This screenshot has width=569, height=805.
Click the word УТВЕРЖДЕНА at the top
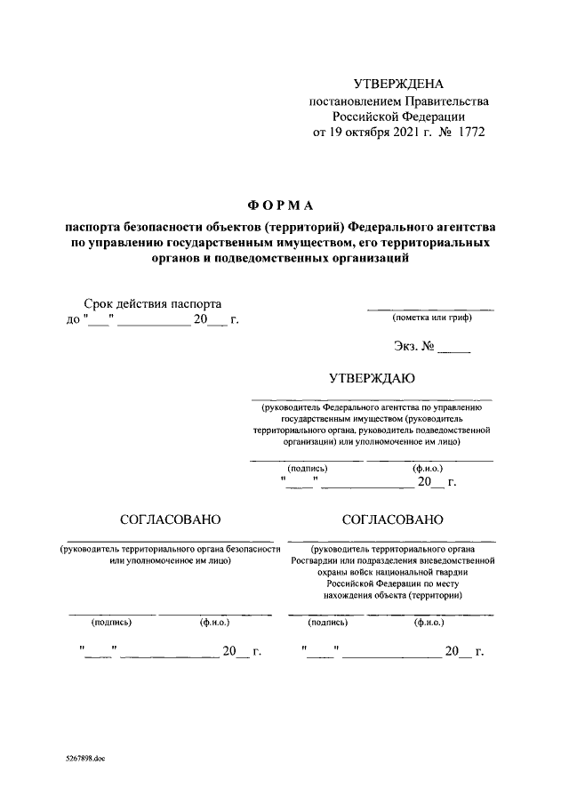(397, 85)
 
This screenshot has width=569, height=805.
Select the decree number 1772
(472, 133)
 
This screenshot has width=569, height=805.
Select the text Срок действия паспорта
(152, 303)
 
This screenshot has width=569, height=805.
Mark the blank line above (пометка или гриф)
(431, 309)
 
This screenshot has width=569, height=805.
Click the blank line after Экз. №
(454, 352)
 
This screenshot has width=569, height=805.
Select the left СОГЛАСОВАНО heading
(170, 519)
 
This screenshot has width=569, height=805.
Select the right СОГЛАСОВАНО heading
(391, 519)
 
